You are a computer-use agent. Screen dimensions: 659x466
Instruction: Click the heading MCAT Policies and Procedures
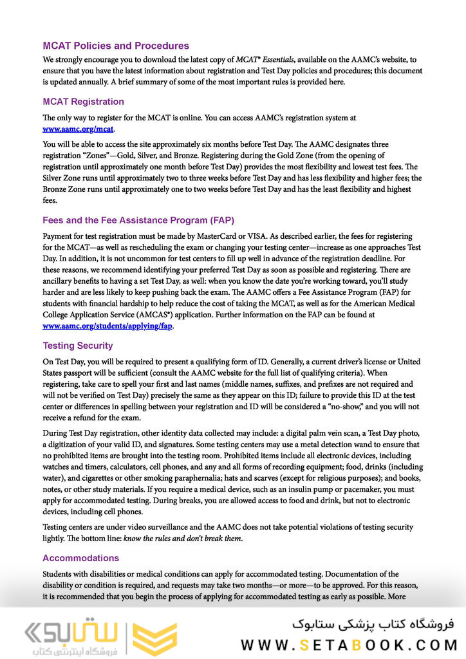pyautogui.click(x=116, y=46)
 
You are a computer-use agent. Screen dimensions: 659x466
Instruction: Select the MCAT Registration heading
pyautogui.click(x=83, y=102)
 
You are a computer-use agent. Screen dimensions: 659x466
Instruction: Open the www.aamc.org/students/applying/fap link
pyautogui.click(x=107, y=326)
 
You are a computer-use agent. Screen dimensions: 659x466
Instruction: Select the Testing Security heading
pyautogui.click(x=77, y=346)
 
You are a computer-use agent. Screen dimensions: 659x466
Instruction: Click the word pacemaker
pyautogui.click(x=368, y=489)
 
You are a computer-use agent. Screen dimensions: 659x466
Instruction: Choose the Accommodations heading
pyautogui.click(x=80, y=558)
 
